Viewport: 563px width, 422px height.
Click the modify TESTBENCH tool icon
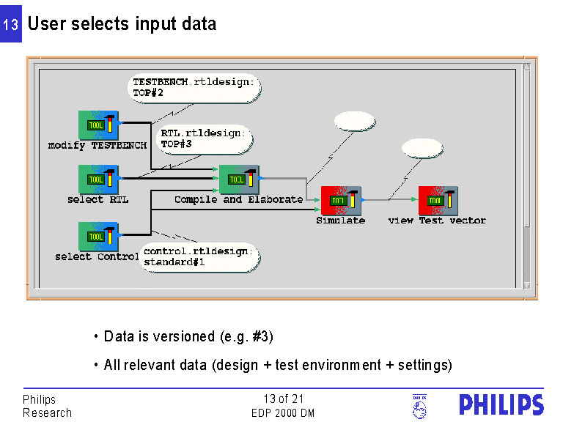pos(98,125)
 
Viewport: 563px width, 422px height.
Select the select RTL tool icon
pos(98,179)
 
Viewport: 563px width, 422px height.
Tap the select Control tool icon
pos(98,237)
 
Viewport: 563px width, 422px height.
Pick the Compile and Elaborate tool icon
pos(239,179)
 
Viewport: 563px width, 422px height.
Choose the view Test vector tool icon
pos(438,201)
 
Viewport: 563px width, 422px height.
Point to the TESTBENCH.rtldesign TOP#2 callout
pos(194,87)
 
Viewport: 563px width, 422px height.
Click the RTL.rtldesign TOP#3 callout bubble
pos(206,138)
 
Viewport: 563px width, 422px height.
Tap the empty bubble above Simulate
pos(354,122)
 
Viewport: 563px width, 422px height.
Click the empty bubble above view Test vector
pos(423,147)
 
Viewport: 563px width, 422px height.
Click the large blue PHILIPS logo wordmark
pos(501,405)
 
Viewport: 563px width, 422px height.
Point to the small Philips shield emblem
pos(419,406)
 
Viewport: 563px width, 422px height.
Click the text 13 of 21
pos(283,399)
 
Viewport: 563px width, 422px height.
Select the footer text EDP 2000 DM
pos(283,413)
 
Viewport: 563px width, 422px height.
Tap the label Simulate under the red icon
pos(340,221)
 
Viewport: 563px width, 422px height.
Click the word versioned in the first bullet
pos(180,337)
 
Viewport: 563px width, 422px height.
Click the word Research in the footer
pos(48,413)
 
